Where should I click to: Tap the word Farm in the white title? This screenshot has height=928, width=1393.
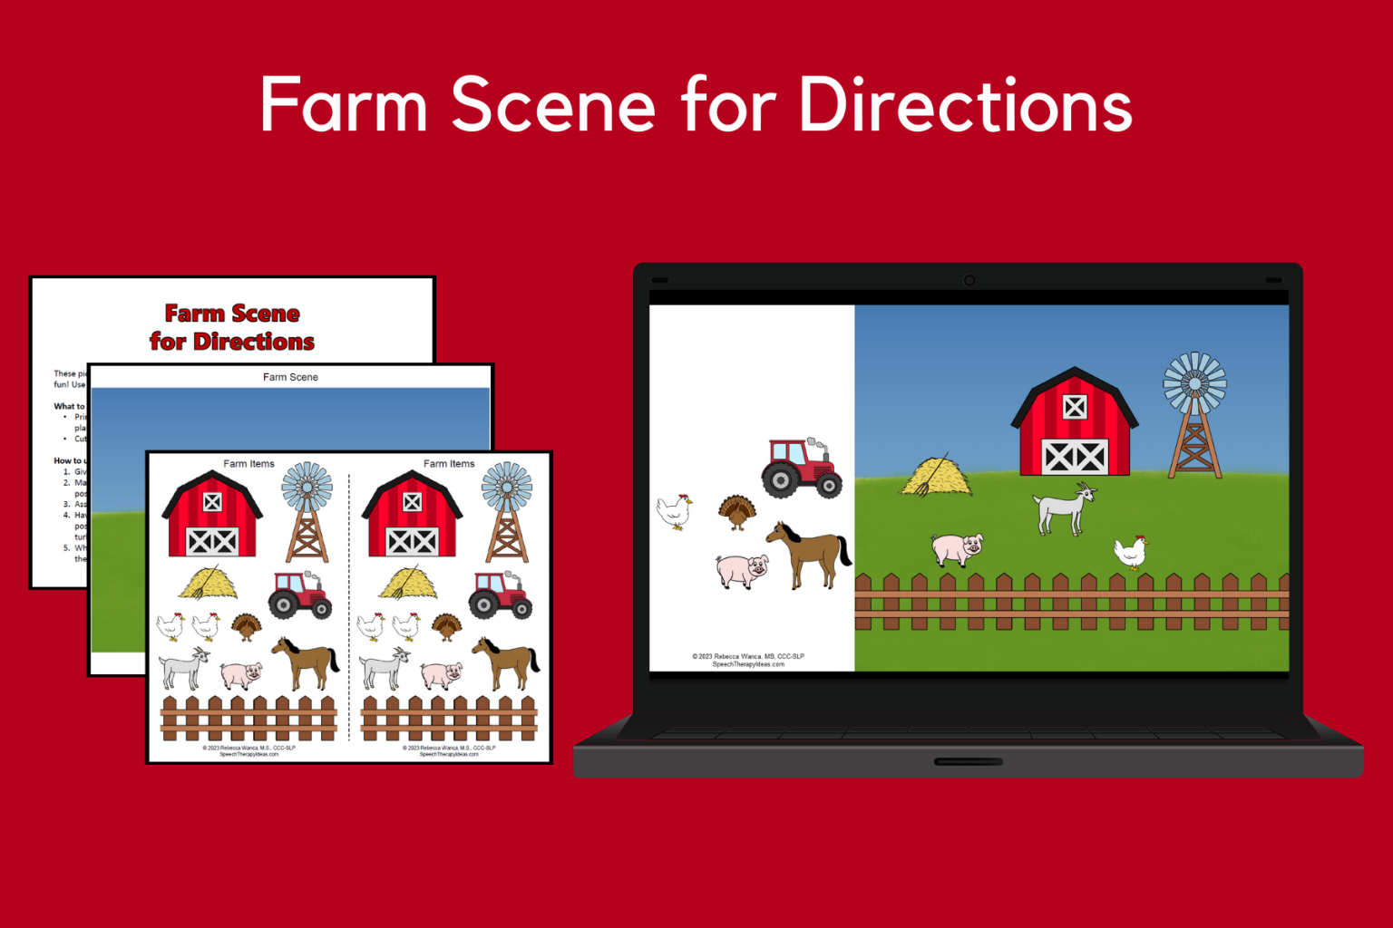tap(343, 105)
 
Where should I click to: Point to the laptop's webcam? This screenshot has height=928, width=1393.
tap(969, 280)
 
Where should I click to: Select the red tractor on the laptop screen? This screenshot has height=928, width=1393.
tap(801, 468)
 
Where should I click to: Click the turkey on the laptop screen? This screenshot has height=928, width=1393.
tap(736, 512)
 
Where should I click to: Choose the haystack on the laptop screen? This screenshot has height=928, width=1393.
tap(936, 477)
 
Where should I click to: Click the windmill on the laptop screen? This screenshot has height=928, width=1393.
tap(1194, 413)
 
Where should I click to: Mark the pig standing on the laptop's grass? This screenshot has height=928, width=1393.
tap(957, 549)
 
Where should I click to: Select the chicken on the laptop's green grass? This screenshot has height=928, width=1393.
tap(1130, 551)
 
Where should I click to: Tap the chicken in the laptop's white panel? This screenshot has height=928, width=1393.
tap(674, 511)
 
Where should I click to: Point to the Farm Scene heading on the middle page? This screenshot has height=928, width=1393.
tap(290, 377)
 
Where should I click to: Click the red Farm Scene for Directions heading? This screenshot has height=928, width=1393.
tap(232, 327)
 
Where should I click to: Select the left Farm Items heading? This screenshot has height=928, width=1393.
tap(248, 464)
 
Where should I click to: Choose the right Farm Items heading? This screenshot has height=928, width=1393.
tap(449, 464)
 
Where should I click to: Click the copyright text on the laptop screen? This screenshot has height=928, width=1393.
tap(748, 660)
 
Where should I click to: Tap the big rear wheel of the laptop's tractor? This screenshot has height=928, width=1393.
tap(781, 479)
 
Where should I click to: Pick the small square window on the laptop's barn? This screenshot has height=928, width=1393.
tap(1075, 407)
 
